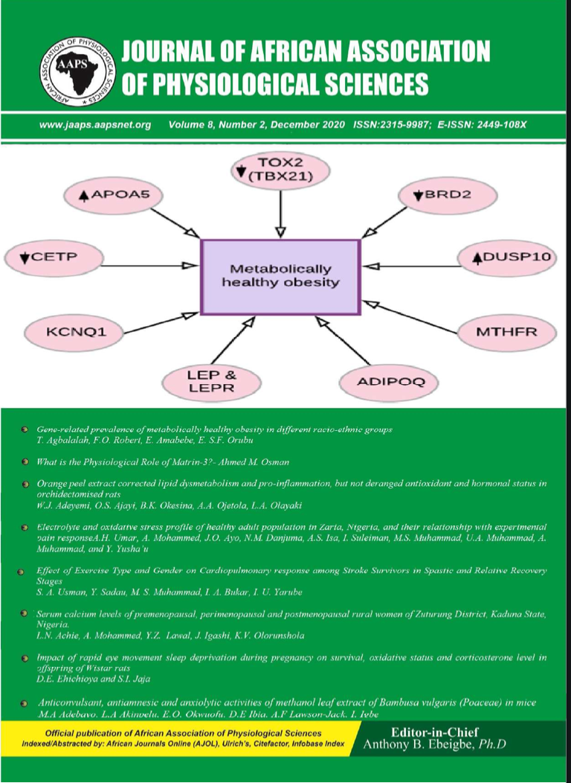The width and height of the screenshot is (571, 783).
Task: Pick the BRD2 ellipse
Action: click(444, 196)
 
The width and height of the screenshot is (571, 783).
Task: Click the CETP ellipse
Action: click(51, 258)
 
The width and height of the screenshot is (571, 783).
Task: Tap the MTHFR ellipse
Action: click(506, 331)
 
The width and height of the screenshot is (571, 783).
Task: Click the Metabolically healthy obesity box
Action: click(280, 275)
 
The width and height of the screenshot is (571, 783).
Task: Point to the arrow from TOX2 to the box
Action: click(281, 213)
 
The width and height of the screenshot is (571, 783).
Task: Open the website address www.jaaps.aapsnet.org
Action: click(94, 125)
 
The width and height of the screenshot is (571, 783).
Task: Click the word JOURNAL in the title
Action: click(170, 52)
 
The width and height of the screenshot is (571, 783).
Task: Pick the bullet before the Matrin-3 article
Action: click(25, 462)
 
